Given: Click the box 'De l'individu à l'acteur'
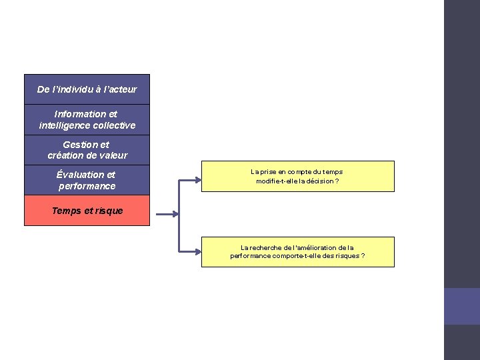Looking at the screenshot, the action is pos(87,89).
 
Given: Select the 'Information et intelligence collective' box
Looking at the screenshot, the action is pos(87,120).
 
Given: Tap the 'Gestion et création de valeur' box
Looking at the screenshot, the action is pos(87,150).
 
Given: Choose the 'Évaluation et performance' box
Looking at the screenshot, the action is pos(87,180).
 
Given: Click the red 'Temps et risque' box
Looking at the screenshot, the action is pos(87,211).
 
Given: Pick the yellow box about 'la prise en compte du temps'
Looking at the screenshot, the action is pos(297,177).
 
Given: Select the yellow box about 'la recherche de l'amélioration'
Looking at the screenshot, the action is pos(297,252).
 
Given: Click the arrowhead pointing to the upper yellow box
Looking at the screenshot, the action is pos(198,179).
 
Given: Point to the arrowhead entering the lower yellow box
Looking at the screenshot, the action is pos(198,252).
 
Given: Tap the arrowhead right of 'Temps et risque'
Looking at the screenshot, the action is pos(175,214).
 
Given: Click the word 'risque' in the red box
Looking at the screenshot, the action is pos(109,211).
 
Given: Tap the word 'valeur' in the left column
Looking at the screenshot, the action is pos(113,155).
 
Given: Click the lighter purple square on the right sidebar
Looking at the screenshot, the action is pos(462,306).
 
